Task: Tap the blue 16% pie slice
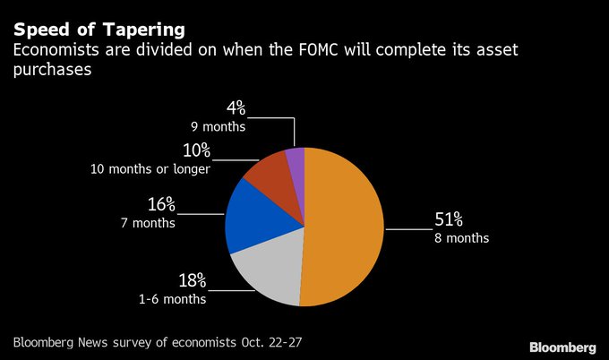click(x=252, y=215)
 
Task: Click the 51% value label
click(x=450, y=220)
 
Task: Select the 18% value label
click(x=193, y=281)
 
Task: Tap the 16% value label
click(x=161, y=205)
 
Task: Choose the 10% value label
click(x=196, y=150)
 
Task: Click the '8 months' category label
click(x=463, y=238)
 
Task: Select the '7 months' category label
click(x=148, y=222)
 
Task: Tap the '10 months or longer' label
click(x=150, y=168)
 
